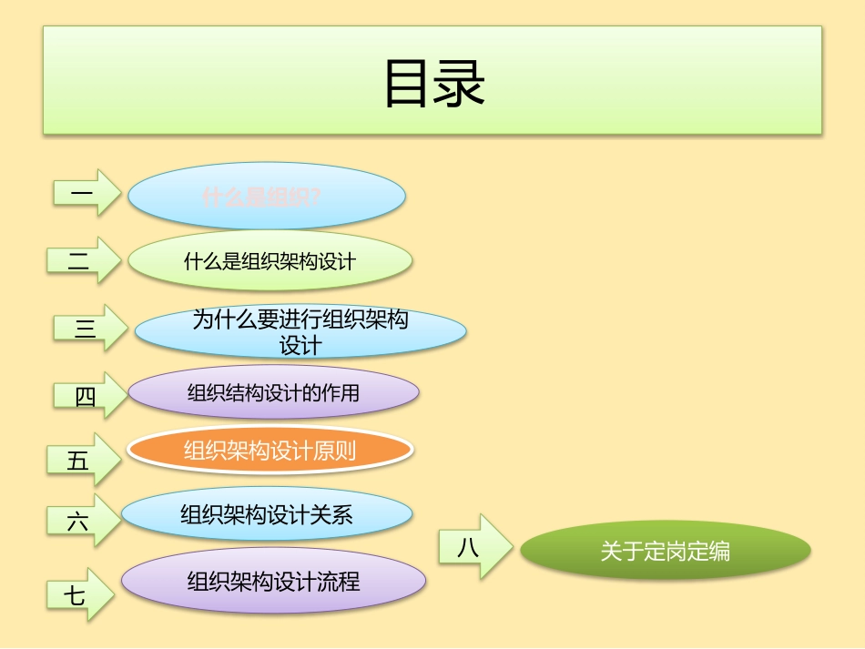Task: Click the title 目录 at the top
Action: pyautogui.click(x=433, y=84)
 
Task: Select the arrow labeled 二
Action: pyautogui.click(x=83, y=260)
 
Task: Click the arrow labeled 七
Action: pyautogui.click(x=79, y=595)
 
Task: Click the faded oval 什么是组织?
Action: pyautogui.click(x=266, y=196)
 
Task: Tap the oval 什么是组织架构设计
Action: pyautogui.click(x=270, y=261)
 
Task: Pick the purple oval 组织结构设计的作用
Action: pyautogui.click(x=273, y=393)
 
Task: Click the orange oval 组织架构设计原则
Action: pyautogui.click(x=270, y=451)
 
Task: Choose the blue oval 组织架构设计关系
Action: pyautogui.click(x=266, y=515)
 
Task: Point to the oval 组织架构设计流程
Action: pyautogui.click(x=273, y=581)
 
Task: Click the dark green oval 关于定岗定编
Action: pyautogui.click(x=665, y=551)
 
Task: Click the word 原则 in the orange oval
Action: pyautogui.click(x=335, y=451)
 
